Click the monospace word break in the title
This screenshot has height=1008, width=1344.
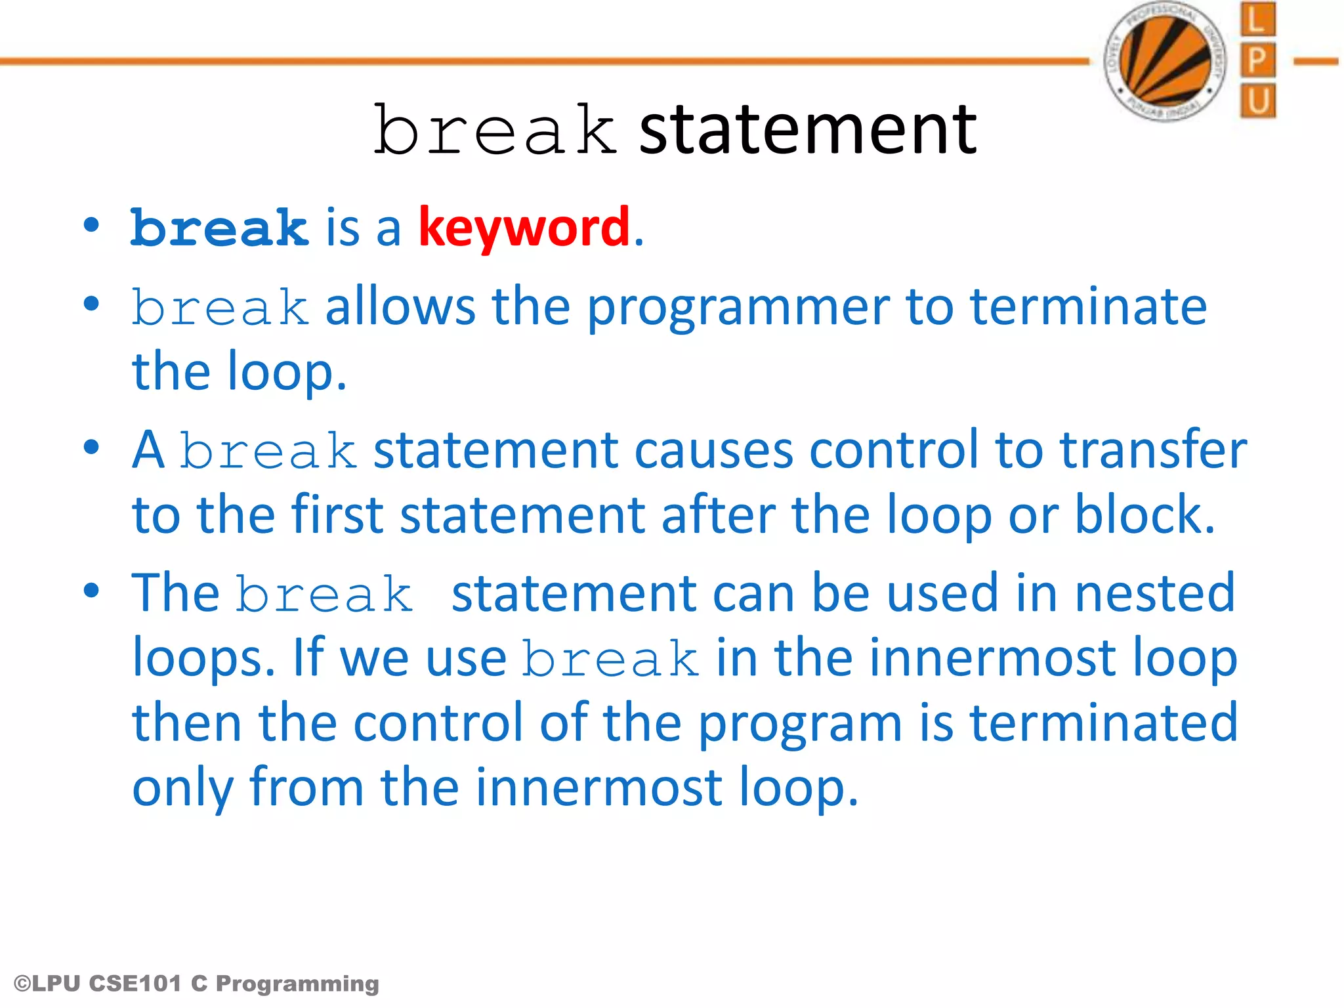point(495,131)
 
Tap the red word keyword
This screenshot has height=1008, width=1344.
point(524,227)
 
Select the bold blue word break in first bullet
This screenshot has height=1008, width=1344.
point(219,228)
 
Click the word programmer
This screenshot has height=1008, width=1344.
point(738,308)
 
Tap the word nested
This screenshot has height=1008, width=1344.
point(1155,593)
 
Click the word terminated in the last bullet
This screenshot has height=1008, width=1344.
point(1103,722)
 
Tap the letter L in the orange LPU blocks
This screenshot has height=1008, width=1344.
point(1257,20)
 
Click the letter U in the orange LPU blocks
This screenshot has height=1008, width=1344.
point(1257,102)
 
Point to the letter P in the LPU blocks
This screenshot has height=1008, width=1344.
point(1257,60)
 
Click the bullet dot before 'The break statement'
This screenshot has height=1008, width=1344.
point(92,591)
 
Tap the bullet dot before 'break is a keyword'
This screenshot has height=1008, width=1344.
point(92,225)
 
